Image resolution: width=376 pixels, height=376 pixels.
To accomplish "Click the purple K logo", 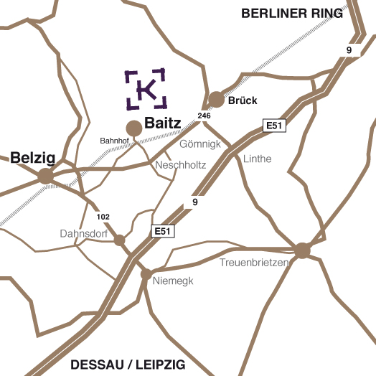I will (146, 89).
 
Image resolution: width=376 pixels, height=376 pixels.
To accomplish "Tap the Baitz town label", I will (162, 123).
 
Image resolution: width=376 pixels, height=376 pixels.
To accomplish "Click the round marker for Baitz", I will (134, 128).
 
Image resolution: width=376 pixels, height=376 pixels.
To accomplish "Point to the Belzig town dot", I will (46, 176).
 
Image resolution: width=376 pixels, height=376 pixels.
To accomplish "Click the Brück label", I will (242, 100).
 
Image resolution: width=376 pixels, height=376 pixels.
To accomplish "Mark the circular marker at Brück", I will (216, 99).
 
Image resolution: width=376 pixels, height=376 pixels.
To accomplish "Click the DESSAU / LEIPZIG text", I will (126, 363).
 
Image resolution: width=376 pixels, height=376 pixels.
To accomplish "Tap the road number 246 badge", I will (205, 116).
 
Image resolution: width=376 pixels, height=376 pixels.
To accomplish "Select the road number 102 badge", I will (103, 217).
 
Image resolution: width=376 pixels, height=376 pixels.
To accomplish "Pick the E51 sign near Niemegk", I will (162, 231).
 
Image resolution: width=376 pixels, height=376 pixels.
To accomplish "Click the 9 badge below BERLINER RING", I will (349, 50).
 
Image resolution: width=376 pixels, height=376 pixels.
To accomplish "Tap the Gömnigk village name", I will (199, 144).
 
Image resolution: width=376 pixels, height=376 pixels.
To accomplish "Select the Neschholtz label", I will (181, 165).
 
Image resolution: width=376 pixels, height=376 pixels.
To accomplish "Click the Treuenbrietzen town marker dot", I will (302, 250).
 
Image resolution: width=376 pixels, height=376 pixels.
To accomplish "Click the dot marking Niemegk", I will (146, 274).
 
